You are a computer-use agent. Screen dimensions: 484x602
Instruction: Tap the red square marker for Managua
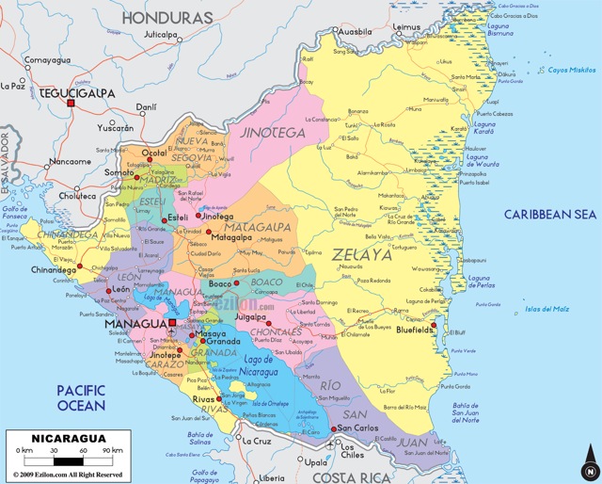[x=172, y=323]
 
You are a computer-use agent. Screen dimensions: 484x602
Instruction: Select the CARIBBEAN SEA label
[x=550, y=215]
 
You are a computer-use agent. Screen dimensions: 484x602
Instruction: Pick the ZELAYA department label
[x=361, y=254]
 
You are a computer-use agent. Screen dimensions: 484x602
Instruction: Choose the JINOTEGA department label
[x=275, y=134]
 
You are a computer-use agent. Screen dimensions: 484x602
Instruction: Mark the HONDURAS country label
[x=168, y=18]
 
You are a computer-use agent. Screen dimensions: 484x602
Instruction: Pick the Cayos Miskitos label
[x=573, y=70]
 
